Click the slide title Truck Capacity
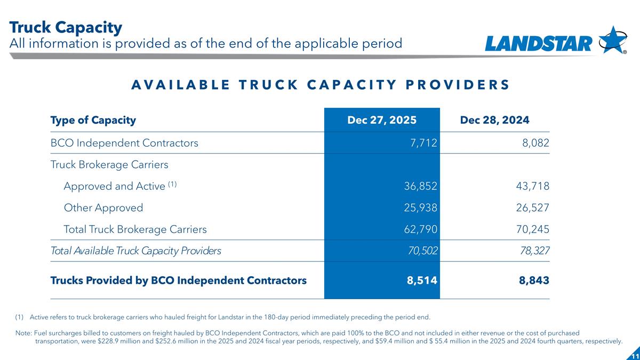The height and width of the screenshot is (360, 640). tap(66, 27)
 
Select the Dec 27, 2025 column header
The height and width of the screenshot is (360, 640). tap(382, 120)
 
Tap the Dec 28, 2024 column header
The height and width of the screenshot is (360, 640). tap(494, 120)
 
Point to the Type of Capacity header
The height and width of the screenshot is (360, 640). tap(93, 120)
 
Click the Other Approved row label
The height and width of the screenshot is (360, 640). tap(103, 208)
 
